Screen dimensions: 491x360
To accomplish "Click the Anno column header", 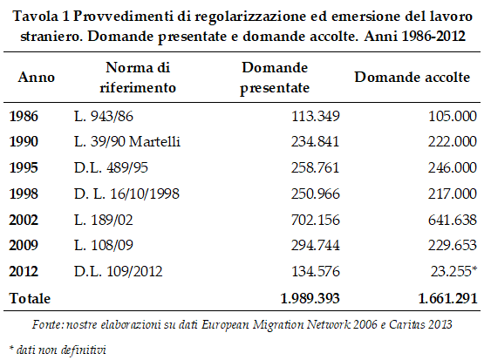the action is (x=37, y=78).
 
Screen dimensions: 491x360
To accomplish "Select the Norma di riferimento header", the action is (x=138, y=78).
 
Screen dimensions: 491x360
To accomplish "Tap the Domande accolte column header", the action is (x=413, y=78).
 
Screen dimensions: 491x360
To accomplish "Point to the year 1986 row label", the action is (x=24, y=117).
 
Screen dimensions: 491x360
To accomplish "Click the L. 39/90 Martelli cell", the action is (x=127, y=142).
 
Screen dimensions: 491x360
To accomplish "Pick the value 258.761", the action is (x=316, y=167).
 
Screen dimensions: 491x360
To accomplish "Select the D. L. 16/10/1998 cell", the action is (x=126, y=194).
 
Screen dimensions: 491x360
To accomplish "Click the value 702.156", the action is (x=316, y=220).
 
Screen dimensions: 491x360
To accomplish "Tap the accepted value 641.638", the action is (x=453, y=220).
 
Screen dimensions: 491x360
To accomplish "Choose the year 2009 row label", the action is (x=24, y=245).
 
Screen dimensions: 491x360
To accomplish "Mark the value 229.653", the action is (x=453, y=245).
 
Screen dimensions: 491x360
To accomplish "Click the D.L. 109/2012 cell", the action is (x=119, y=271).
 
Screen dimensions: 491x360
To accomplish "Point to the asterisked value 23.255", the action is (x=453, y=271).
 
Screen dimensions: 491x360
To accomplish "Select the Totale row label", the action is (x=30, y=298).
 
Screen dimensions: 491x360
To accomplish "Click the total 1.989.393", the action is (x=310, y=298).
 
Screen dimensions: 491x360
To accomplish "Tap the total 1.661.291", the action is (x=447, y=298).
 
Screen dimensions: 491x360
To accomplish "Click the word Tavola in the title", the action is (x=36, y=17).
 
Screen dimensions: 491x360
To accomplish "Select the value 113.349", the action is (x=316, y=117).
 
